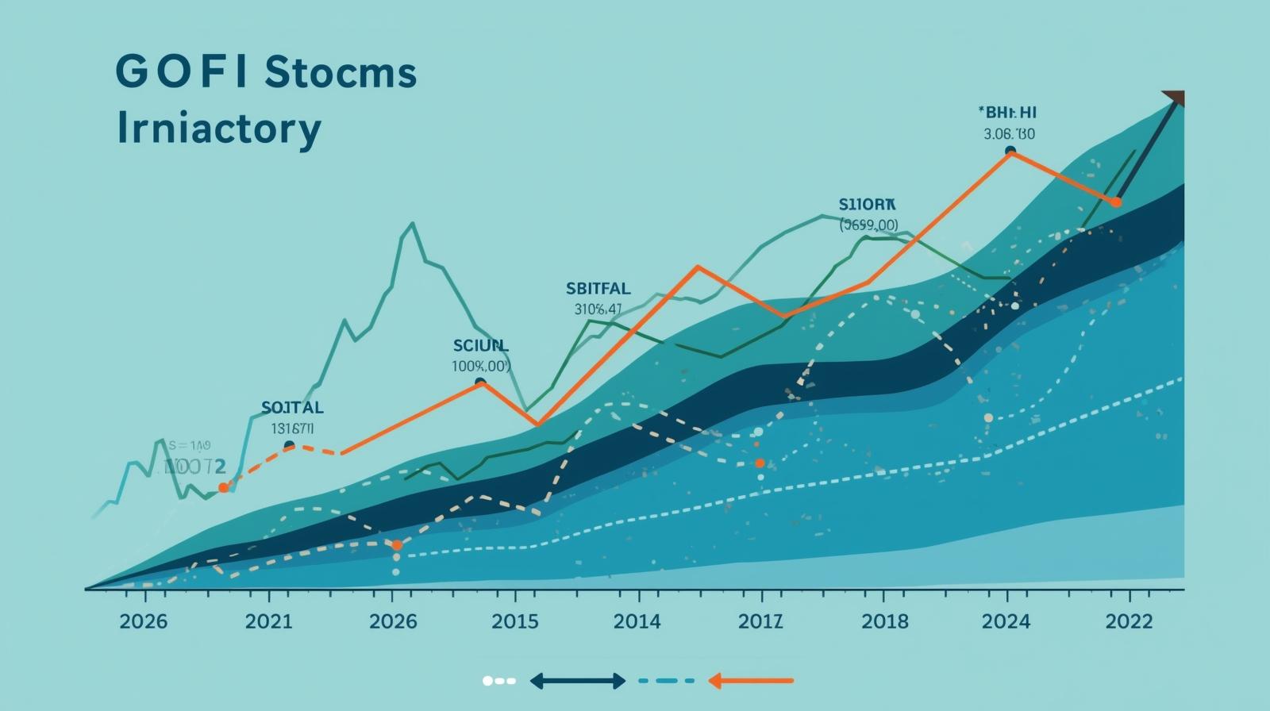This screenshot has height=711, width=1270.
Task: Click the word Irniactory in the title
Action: point(218,129)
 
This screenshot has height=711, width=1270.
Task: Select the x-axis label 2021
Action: point(268,621)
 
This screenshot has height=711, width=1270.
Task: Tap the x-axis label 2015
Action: point(514,621)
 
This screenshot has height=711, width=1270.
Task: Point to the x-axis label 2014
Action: point(637,621)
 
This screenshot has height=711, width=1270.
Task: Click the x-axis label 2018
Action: point(885,621)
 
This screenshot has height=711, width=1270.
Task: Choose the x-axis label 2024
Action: point(1006,621)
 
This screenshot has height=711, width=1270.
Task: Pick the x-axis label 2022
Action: point(1129,621)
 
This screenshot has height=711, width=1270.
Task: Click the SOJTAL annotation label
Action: point(292,408)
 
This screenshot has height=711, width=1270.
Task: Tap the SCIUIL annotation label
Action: point(480,346)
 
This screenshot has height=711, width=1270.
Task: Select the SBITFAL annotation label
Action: point(598,289)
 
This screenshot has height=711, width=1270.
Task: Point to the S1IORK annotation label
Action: point(867,203)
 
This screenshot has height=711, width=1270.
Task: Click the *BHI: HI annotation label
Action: point(1009,113)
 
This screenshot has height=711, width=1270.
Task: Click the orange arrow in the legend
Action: point(750,681)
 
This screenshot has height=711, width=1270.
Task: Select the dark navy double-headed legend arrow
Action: point(577,681)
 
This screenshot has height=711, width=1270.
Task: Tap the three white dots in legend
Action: point(499,681)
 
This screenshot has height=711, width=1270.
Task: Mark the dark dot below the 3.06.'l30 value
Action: point(1010,151)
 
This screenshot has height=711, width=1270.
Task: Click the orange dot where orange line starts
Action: point(223,488)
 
